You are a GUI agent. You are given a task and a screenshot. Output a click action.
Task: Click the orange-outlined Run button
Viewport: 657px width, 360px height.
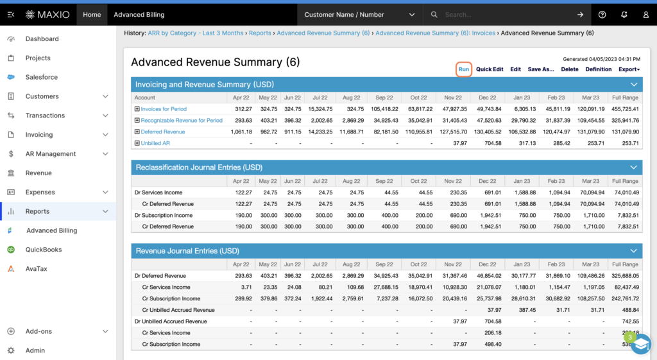coord(464,69)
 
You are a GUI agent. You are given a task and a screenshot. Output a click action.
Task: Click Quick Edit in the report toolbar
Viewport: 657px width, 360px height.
coord(490,69)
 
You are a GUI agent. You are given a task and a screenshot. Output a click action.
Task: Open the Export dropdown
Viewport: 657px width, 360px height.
coord(629,69)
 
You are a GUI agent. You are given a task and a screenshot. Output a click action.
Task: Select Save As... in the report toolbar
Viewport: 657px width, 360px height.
coord(540,69)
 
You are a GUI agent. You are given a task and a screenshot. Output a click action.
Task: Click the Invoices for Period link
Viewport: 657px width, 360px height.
coord(164,109)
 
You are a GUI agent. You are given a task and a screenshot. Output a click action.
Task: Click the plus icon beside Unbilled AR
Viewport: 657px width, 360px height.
coord(137,143)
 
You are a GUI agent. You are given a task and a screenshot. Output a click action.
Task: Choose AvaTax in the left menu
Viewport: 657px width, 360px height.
coord(37,269)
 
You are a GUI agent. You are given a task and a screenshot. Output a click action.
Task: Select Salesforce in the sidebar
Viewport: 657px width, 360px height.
coord(41,77)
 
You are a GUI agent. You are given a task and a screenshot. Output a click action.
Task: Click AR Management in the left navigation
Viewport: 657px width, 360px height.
coord(51,154)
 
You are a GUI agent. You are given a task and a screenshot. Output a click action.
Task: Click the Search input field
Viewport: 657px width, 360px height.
coord(507,15)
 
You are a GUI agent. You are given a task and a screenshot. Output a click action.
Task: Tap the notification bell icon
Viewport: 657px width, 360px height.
coord(624,15)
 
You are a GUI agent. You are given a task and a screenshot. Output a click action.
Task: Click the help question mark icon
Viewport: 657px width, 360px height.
coord(602,15)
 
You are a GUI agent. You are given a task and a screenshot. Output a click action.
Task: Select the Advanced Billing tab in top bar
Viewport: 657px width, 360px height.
coord(139,15)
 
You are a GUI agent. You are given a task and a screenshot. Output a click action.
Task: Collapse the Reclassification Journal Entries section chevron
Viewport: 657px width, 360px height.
coord(634,167)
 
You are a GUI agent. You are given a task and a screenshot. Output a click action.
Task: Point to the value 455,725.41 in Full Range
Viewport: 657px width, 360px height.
coord(625,109)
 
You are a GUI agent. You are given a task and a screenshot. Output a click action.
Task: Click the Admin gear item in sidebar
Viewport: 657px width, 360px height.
coord(35,350)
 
